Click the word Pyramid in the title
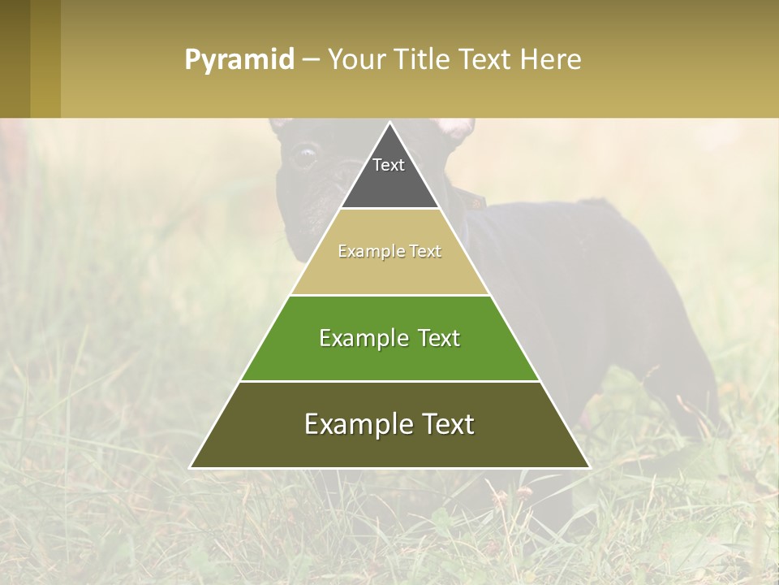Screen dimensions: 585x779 click(239, 60)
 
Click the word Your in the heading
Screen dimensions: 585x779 click(357, 60)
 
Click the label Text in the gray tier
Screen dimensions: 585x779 click(389, 165)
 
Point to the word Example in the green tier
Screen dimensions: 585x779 click(363, 338)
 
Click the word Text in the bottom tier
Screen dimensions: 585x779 click(442, 424)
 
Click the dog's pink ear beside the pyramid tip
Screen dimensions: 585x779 click(456, 128)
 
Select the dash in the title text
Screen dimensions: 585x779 click(311, 60)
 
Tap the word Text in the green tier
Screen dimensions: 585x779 click(435, 338)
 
